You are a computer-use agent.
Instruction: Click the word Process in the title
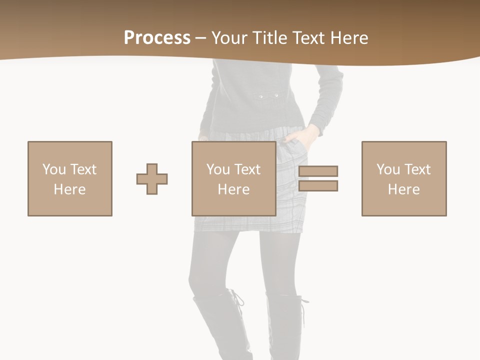157,38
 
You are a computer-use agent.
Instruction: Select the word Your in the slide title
229,38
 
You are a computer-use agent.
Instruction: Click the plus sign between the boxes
152,179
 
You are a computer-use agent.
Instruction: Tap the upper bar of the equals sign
318,171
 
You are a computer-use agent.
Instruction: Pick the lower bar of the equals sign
318,186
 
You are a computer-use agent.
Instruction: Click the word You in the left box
54,169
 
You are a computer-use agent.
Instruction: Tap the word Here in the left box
70,189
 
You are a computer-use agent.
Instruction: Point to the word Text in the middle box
247,169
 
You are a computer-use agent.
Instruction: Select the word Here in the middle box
234,189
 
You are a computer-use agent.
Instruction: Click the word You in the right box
388,169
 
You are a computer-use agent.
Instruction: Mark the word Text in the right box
417,169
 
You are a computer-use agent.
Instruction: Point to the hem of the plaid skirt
248,229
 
